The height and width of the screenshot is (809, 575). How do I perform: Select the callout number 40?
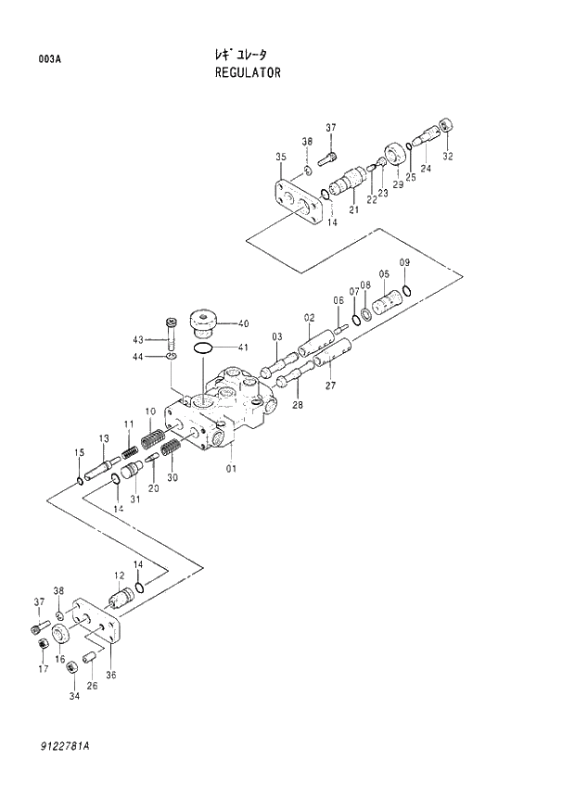(x=243, y=323)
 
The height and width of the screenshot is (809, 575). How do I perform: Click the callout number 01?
(x=231, y=468)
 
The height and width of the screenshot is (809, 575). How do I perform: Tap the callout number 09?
(x=404, y=264)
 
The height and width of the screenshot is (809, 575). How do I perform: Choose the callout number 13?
(x=104, y=437)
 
